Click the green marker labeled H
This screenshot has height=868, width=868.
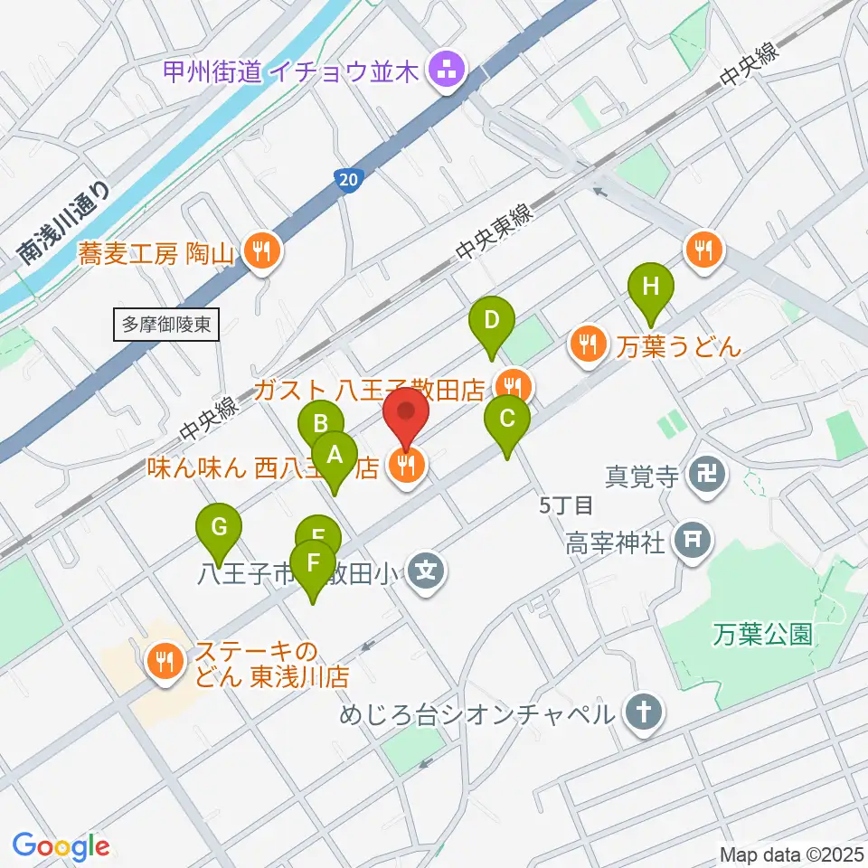click(651, 289)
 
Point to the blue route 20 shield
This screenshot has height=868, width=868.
click(348, 180)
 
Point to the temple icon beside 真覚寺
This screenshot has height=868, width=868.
click(703, 474)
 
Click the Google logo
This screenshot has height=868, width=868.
click(61, 847)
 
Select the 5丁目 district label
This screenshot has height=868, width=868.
click(565, 505)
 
